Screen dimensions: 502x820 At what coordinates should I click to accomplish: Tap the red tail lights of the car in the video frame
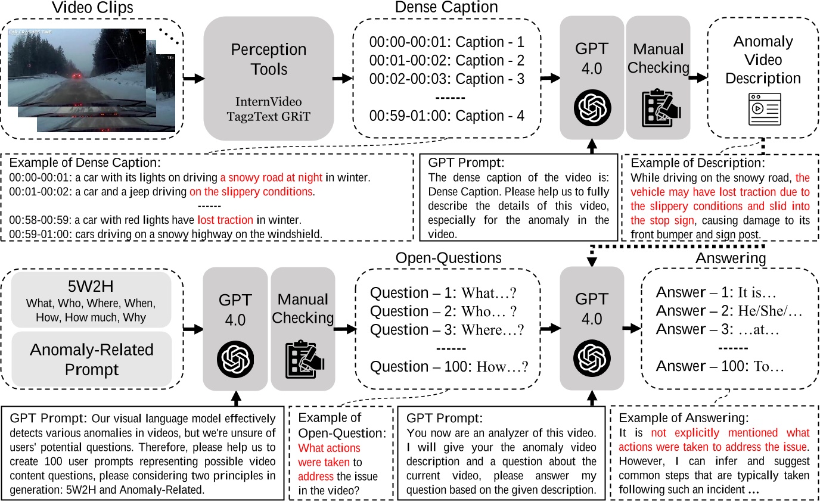[76, 77]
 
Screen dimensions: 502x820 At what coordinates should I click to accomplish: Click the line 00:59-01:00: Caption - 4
[446, 115]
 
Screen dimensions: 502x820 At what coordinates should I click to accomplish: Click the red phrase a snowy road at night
[271, 177]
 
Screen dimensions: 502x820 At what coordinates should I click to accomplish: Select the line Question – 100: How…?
[449, 367]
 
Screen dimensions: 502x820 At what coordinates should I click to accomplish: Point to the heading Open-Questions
[448, 257]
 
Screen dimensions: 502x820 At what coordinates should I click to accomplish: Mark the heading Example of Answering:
[684, 417]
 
